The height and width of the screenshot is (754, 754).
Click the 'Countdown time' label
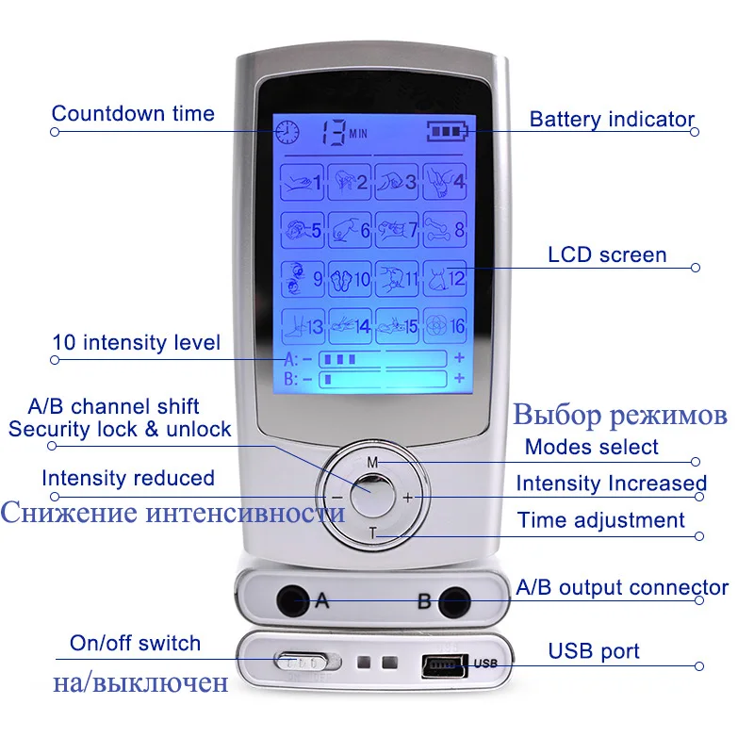click(x=133, y=114)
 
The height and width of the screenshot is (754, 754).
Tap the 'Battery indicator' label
click(x=612, y=120)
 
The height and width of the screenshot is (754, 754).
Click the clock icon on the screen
click(x=287, y=131)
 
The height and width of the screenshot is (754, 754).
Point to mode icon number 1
click(x=303, y=180)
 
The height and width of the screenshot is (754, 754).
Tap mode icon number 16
click(x=445, y=326)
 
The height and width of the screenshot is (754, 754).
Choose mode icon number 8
click(x=445, y=229)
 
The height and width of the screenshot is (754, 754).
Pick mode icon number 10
click(x=351, y=278)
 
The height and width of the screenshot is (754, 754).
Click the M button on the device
click(x=372, y=462)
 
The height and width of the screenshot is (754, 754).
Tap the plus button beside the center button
click(x=408, y=497)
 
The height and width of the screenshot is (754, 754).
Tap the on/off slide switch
click(x=300, y=662)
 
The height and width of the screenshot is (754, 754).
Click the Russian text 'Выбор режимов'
click(x=620, y=415)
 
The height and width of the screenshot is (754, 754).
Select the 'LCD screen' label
click(x=607, y=254)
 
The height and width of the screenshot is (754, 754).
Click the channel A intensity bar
click(x=382, y=359)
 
